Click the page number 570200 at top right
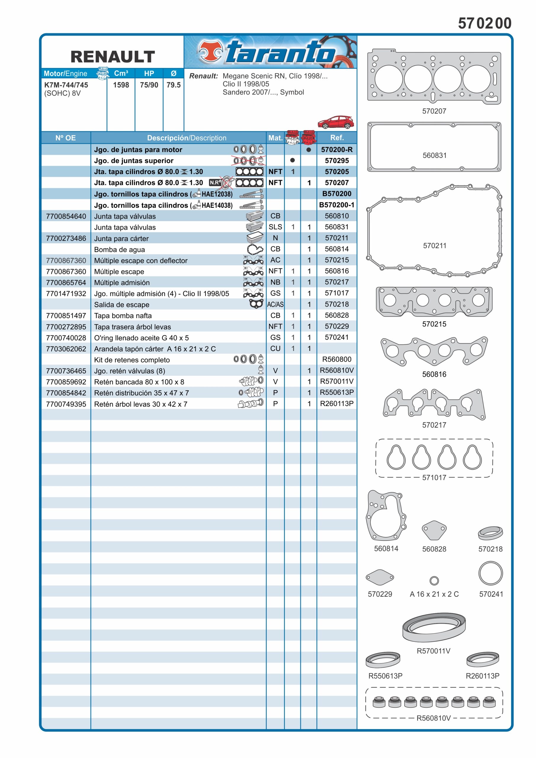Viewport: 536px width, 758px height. pos(484,23)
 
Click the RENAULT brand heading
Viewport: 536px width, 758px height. pos(113,57)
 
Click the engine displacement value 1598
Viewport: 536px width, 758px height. pos(121,85)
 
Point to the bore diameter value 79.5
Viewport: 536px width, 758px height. pos(173,85)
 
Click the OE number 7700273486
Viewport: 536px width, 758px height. pos(66,238)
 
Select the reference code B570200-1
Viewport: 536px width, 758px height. pos(336,205)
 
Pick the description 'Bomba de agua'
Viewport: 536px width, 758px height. pos(120,250)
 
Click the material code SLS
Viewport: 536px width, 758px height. pos(275,227)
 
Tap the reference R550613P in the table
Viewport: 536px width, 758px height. pos(336,392)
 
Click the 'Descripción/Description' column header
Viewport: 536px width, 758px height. pos(187,138)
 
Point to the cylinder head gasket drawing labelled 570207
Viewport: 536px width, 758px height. pos(434,78)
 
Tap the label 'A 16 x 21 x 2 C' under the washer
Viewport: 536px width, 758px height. pos(434,594)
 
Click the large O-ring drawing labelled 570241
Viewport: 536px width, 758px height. pos(490,573)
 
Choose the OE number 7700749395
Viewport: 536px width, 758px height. pos(66,404)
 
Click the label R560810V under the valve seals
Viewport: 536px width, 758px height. pos(433,718)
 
